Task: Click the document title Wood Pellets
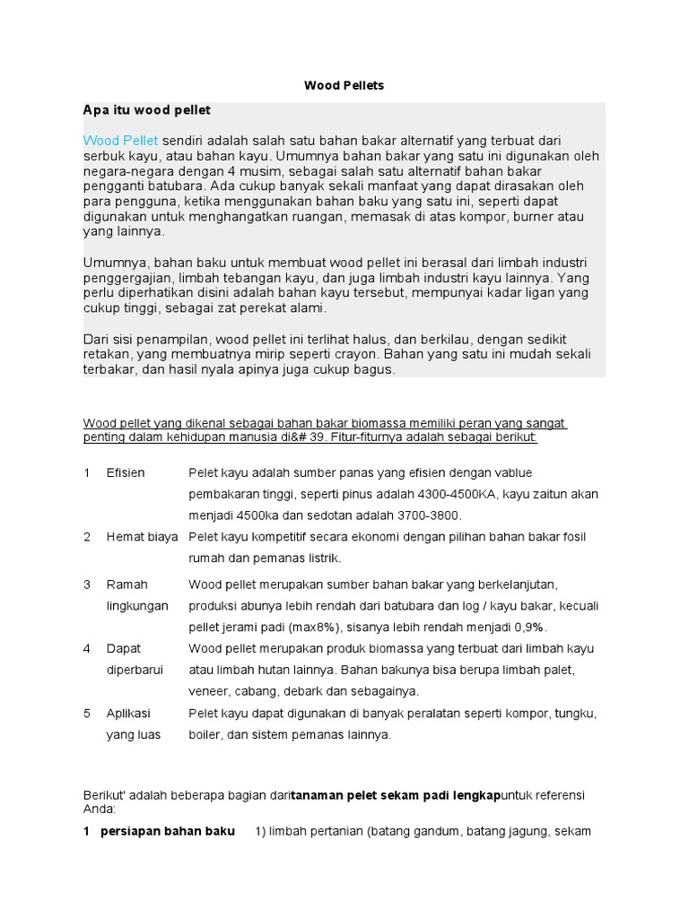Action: coord(344,85)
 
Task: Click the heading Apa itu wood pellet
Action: coord(146,110)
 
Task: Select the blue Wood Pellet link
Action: coord(120,141)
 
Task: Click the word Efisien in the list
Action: coord(126,472)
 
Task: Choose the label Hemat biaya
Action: coord(143,537)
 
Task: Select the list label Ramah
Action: coord(125,585)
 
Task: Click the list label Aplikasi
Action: coord(128,714)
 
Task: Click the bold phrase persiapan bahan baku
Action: coord(168,831)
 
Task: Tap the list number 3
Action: coord(87,585)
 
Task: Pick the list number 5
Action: coord(87,714)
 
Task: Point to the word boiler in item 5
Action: coord(205,734)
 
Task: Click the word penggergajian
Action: coord(126,277)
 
